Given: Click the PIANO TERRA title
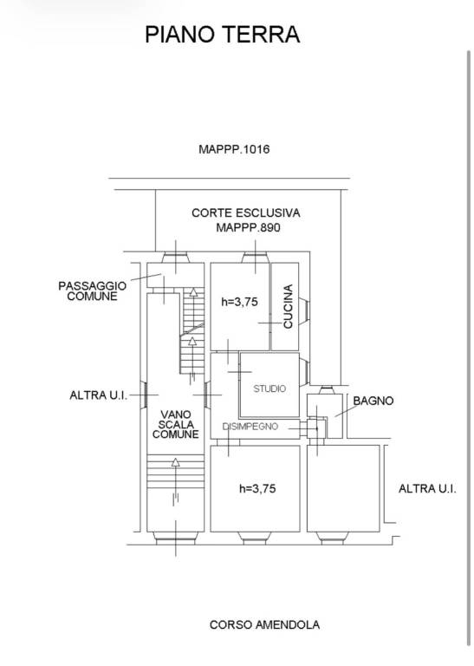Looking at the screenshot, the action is click(x=223, y=35).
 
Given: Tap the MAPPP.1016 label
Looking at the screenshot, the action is click(x=234, y=149).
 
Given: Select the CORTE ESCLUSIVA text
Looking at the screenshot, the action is click(x=246, y=212).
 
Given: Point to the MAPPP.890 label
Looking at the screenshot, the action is click(x=248, y=228).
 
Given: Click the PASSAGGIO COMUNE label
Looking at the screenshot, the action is click(x=92, y=291).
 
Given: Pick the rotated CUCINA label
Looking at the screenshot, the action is click(x=289, y=306).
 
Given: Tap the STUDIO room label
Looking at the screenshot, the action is click(x=269, y=388).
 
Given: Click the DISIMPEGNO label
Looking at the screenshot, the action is click(x=250, y=427).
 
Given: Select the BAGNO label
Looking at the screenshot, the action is click(x=373, y=401).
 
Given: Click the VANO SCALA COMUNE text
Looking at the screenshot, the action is click(x=176, y=424).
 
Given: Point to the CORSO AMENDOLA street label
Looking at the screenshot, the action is click(x=264, y=624).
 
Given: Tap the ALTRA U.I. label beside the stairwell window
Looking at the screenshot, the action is click(x=99, y=395).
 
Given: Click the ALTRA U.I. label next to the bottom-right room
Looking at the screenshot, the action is click(x=427, y=488).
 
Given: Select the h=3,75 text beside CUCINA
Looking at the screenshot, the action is click(x=239, y=302).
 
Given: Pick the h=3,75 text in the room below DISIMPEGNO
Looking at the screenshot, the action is click(x=257, y=488).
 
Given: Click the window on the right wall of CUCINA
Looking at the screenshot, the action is click(x=304, y=311).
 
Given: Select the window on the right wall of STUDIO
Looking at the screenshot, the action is click(x=304, y=372).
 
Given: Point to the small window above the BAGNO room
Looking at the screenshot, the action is click(x=326, y=389).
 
